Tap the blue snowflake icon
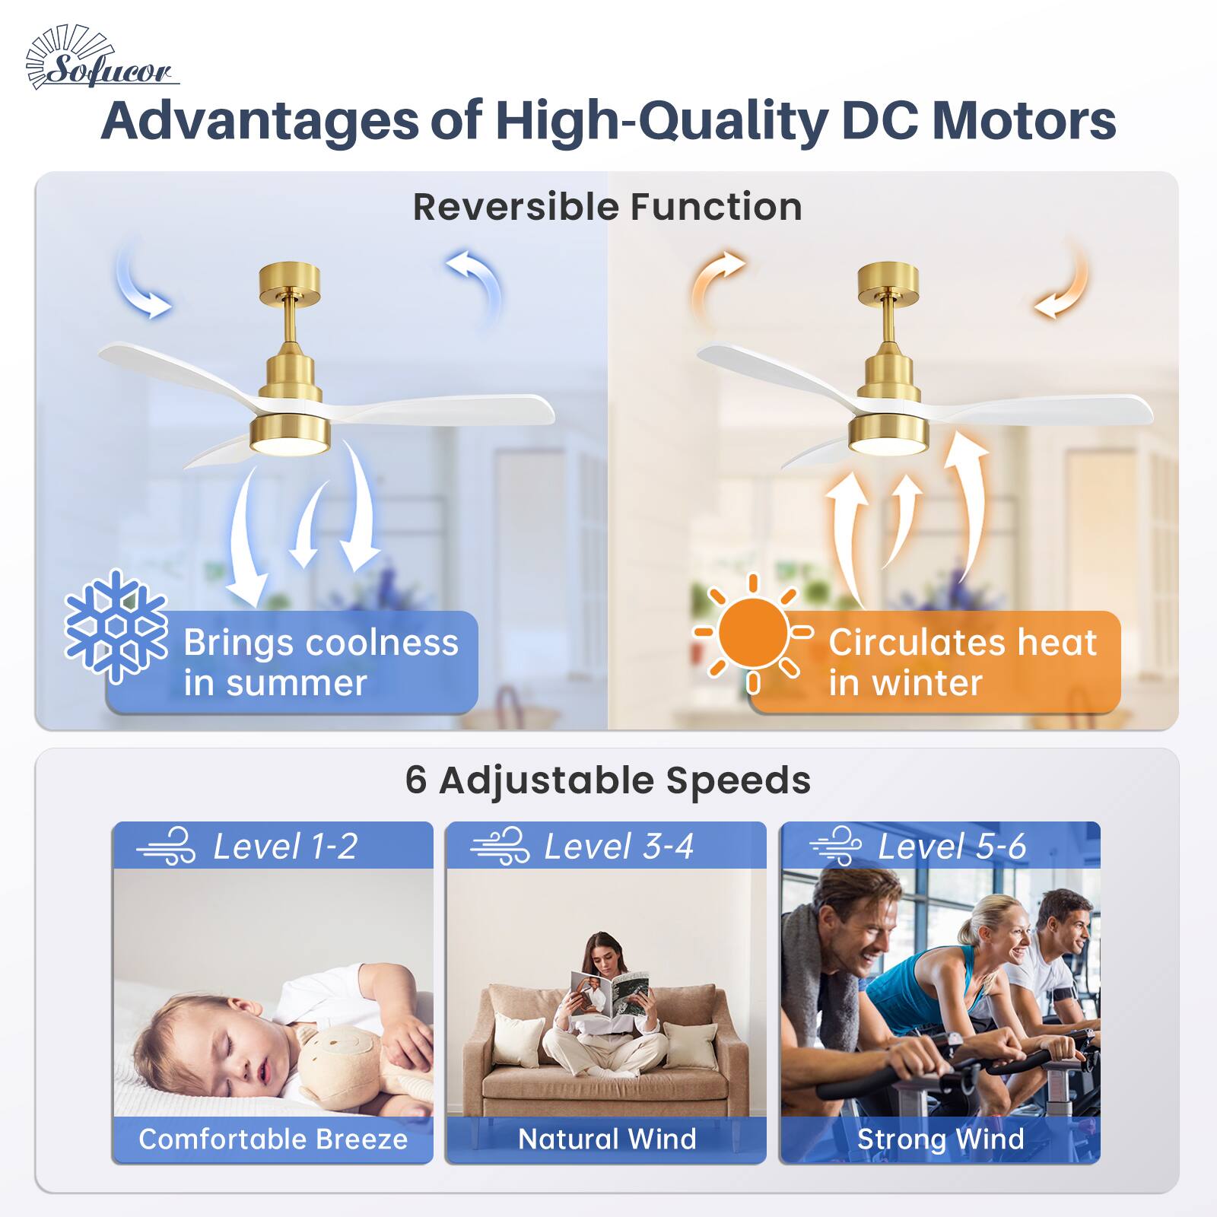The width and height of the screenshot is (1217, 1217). pyautogui.click(x=116, y=625)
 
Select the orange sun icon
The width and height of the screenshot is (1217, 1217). pyautogui.click(x=753, y=634)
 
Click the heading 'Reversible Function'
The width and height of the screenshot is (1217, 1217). pyautogui.click(x=607, y=207)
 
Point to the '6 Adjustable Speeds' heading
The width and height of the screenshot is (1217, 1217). pyautogui.click(x=607, y=780)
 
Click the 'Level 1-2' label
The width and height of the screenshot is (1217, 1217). pyautogui.click(x=284, y=847)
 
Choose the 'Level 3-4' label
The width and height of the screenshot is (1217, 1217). pyautogui.click(x=618, y=847)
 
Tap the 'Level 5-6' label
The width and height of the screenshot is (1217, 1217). pyautogui.click(x=952, y=847)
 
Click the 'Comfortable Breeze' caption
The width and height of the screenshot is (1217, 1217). pyautogui.click(x=273, y=1139)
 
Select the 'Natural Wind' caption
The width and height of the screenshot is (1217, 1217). pyautogui.click(x=607, y=1139)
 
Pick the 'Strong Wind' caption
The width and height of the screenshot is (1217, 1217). pyautogui.click(x=940, y=1139)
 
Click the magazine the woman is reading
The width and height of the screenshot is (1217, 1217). pyautogui.click(x=608, y=993)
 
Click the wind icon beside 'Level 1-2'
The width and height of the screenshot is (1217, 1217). pyautogui.click(x=167, y=847)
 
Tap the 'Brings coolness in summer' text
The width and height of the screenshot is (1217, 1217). pyautogui.click(x=320, y=662)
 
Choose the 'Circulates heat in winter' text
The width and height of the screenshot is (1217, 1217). pyautogui.click(x=962, y=662)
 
